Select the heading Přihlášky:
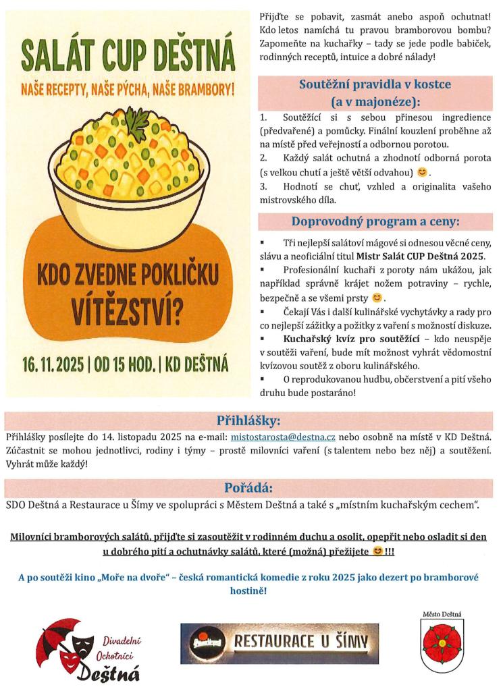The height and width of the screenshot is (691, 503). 248,421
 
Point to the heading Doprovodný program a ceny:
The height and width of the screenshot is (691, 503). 375,221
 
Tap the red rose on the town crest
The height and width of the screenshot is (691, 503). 443,638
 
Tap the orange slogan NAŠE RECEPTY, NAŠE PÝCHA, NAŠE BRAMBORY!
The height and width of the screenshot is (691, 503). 127,88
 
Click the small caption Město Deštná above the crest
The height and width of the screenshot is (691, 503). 443,613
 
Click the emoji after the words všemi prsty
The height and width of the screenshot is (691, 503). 377,297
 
